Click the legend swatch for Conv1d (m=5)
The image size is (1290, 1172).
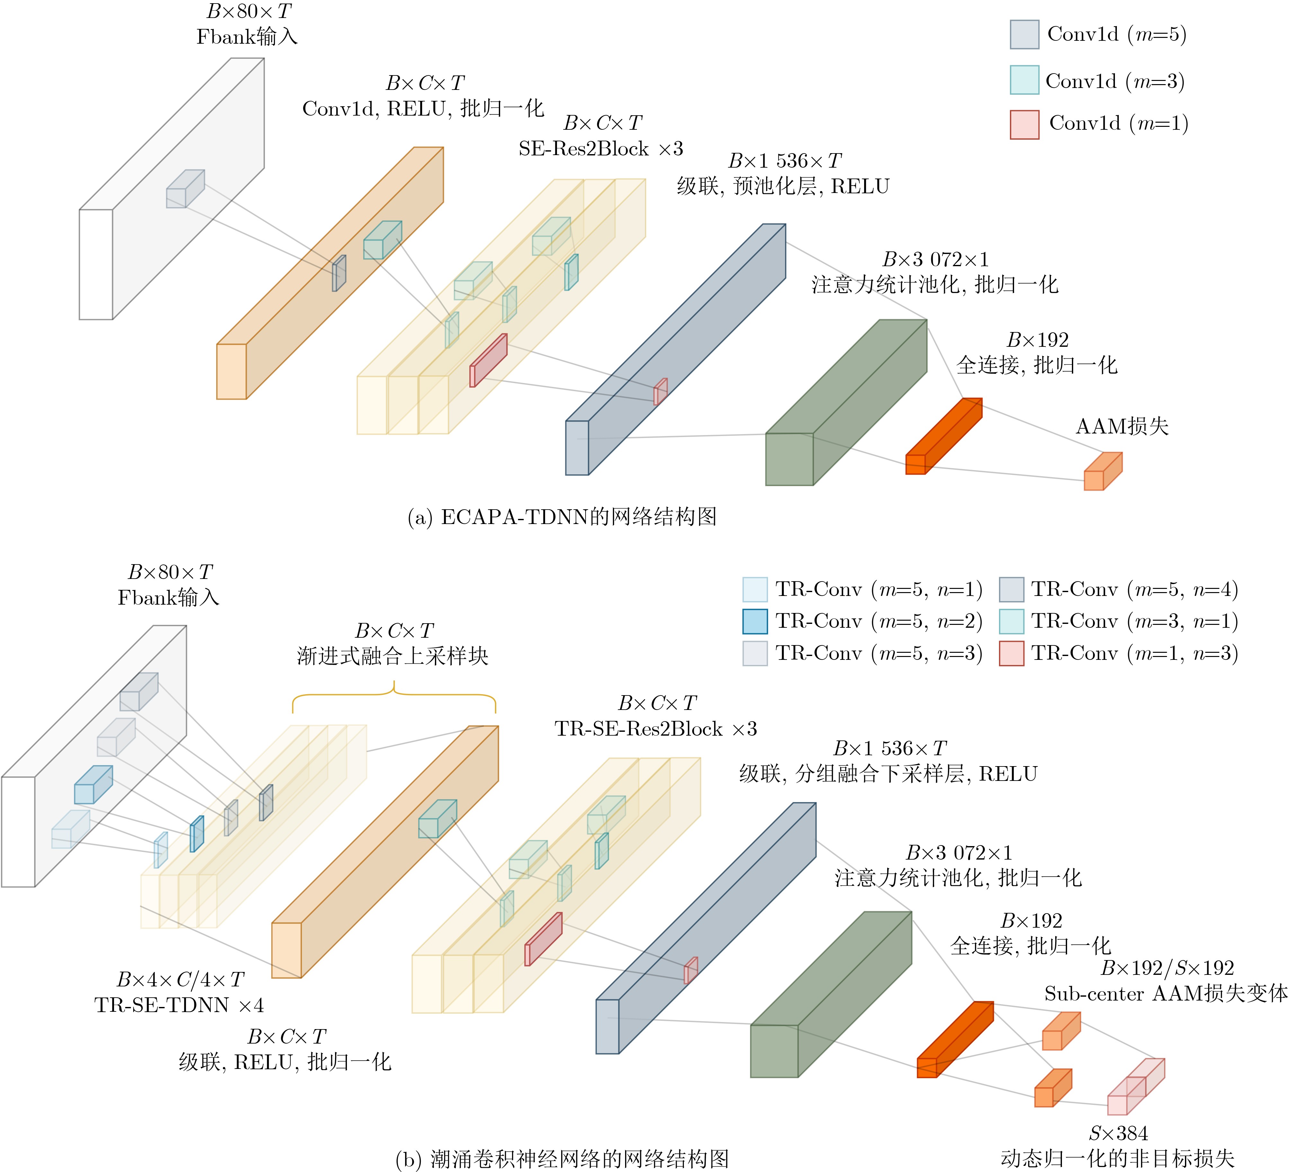[1024, 35]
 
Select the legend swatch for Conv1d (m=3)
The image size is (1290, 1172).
[1024, 80]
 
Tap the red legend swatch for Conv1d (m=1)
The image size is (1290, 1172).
[1024, 125]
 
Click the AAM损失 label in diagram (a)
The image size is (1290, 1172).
[1122, 427]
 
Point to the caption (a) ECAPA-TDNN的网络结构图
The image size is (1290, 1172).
[562, 517]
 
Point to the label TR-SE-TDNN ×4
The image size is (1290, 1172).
[179, 1005]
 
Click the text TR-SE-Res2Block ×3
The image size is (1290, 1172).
[656, 729]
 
